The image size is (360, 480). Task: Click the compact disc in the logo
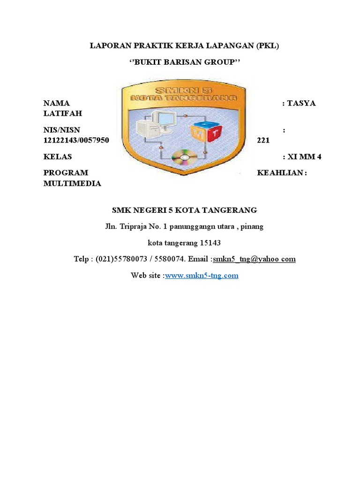coord(183,158)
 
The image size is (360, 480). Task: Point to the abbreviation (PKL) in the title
coord(268,46)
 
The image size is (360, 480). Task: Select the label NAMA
coord(56,103)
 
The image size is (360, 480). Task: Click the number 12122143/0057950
coord(76,140)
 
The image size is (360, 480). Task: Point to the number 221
coord(263,140)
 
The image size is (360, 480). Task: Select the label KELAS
coord(58,157)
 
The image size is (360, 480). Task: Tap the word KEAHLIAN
coord(280,172)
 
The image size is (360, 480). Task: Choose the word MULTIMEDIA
coord(72,183)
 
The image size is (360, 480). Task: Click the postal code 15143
coord(210,243)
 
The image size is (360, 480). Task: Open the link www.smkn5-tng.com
coord(202,276)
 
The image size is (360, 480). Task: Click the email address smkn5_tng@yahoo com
coord(254,259)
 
